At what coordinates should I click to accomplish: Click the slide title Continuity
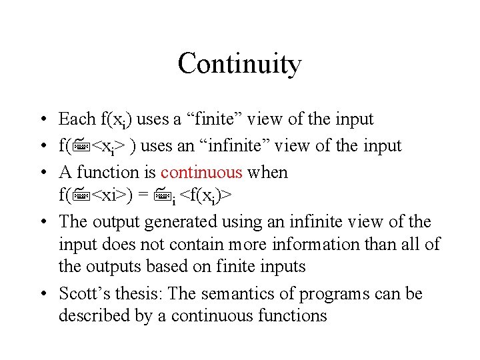point(239,64)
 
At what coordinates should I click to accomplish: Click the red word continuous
point(201,173)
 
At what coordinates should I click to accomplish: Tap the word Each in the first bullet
point(77,119)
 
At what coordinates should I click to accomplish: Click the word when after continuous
point(267,173)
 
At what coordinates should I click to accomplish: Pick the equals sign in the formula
point(143,195)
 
